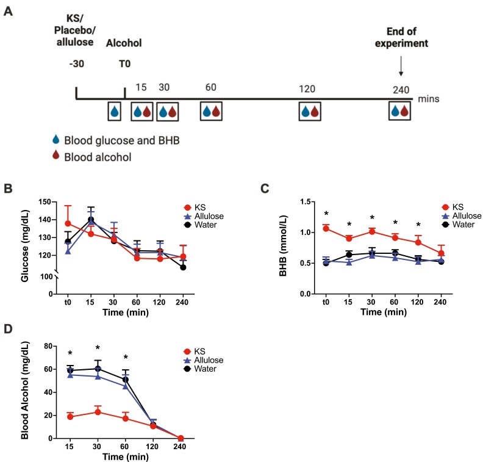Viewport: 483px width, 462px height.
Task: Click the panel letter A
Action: click(x=8, y=12)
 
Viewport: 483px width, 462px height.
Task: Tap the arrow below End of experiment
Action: click(x=401, y=66)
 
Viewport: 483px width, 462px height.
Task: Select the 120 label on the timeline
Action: click(x=307, y=89)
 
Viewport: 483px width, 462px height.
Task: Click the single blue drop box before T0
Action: click(x=114, y=111)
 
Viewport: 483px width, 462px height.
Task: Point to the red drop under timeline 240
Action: click(x=404, y=111)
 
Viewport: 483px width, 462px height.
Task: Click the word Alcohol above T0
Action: click(x=124, y=43)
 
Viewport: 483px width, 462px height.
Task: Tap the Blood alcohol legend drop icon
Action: click(x=55, y=154)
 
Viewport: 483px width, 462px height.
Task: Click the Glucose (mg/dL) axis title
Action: click(x=24, y=246)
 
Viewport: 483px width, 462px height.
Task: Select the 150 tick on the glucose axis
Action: click(x=45, y=202)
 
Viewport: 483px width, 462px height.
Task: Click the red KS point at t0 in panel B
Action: click(x=68, y=223)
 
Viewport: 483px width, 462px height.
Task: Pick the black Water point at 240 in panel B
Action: click(x=183, y=267)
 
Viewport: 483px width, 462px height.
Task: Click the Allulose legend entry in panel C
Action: click(x=462, y=216)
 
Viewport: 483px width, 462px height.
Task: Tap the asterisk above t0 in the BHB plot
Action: click(x=326, y=214)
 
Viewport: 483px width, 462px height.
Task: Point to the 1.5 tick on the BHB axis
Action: click(x=306, y=202)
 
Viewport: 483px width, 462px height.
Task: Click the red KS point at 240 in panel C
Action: click(x=441, y=253)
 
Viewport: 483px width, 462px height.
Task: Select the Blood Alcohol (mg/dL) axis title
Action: click(x=24, y=390)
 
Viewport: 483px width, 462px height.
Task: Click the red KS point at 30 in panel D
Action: click(x=98, y=412)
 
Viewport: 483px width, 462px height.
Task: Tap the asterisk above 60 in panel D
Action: click(x=126, y=357)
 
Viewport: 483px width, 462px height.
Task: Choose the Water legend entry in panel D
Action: click(x=200, y=369)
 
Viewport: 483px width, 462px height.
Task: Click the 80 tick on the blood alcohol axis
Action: click(x=48, y=346)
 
